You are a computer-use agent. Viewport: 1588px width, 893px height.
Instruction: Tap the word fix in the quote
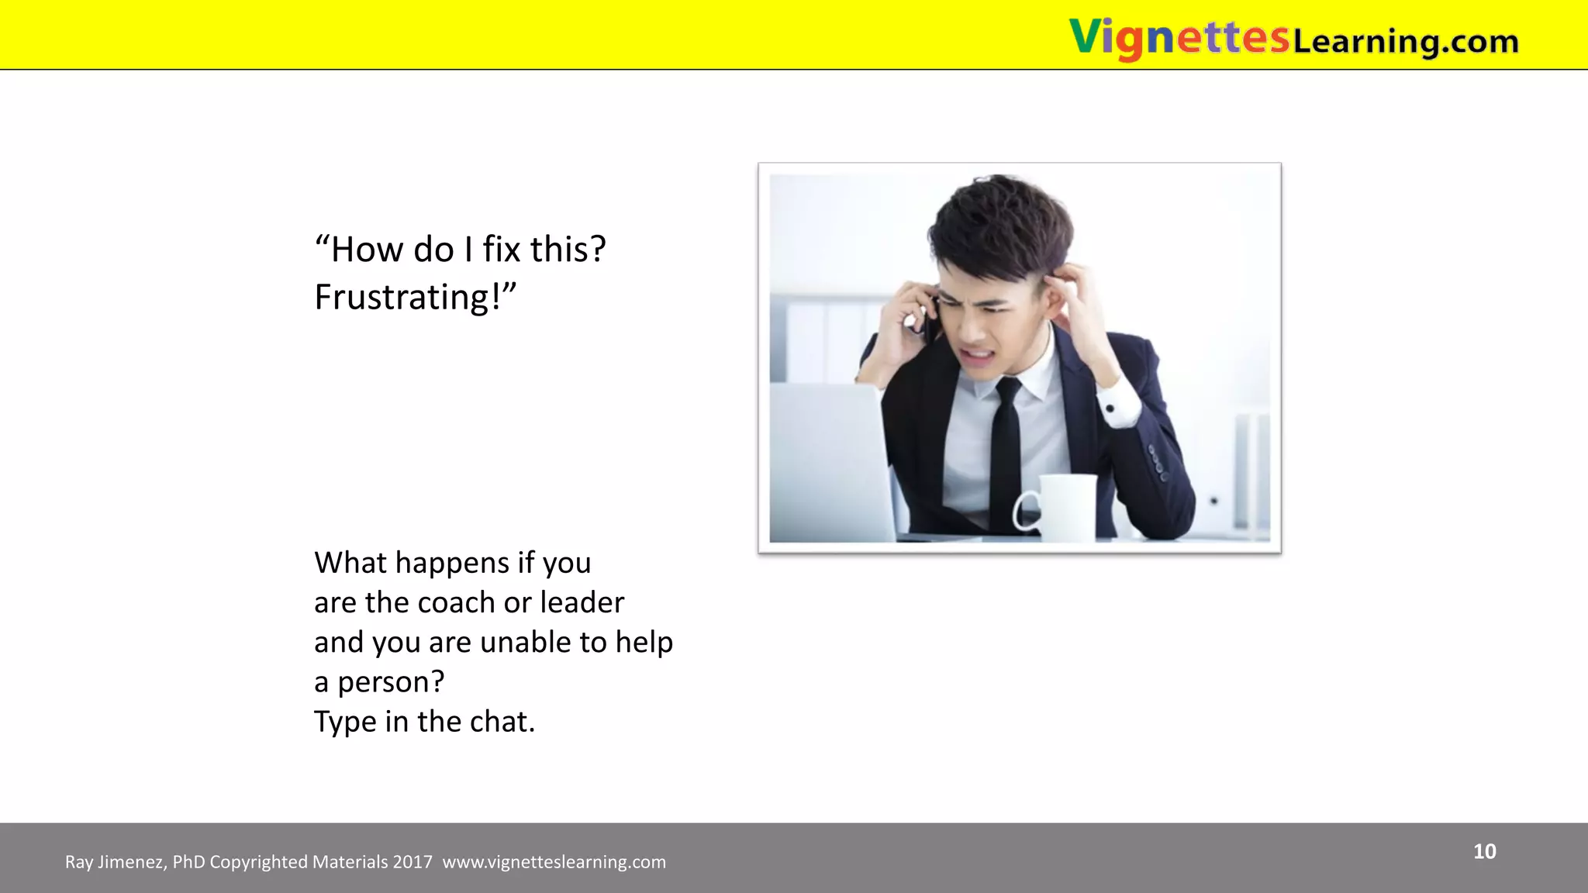click(x=501, y=250)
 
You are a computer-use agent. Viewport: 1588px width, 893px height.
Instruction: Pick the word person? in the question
click(x=391, y=682)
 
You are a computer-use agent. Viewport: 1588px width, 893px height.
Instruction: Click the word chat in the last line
click(x=499, y=722)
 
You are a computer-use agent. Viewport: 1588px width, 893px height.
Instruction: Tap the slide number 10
click(x=1484, y=851)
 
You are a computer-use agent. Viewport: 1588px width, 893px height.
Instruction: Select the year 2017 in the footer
click(x=413, y=862)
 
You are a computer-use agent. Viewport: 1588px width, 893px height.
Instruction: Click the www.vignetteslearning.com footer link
click(x=554, y=862)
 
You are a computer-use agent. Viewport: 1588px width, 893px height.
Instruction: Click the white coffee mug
click(x=1062, y=508)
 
